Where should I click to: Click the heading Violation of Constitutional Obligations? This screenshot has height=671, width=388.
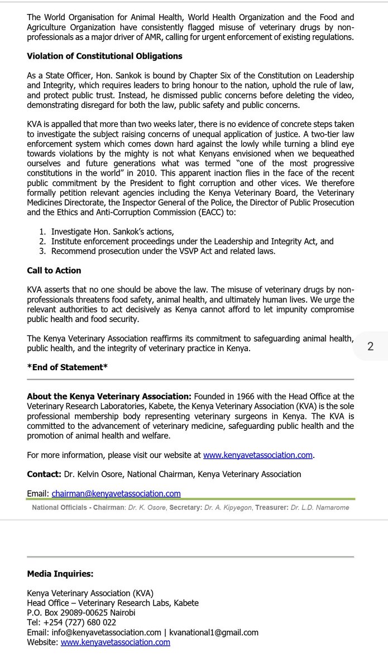point(104,56)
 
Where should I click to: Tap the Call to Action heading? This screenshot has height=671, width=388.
point(54,271)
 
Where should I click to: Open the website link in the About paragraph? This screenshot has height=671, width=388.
point(257,455)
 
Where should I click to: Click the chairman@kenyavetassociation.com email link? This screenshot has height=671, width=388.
point(116,493)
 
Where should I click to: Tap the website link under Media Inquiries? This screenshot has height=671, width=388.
point(115,642)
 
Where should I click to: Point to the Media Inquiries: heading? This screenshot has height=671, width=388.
point(60,574)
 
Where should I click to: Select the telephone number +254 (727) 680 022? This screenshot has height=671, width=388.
point(79,622)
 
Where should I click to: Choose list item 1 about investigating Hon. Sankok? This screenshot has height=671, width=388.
point(112,231)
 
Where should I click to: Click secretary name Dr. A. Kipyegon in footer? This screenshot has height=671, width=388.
point(231,508)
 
